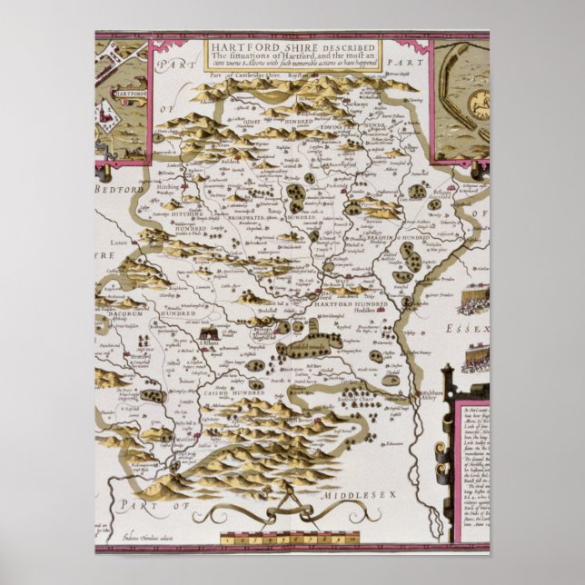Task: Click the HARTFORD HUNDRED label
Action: [351, 304]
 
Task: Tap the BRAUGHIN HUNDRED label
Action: [402, 238]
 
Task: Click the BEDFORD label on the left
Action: [113, 188]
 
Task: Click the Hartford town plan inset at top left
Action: [122, 100]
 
